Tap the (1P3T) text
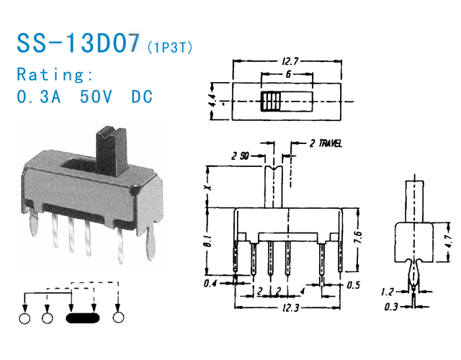pyautogui.click(x=169, y=48)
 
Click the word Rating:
pyautogui.click(x=55, y=74)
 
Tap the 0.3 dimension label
pyautogui.click(x=390, y=307)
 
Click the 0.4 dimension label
pyautogui.click(x=210, y=283)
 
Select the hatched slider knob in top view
pyautogui.click(x=272, y=102)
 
